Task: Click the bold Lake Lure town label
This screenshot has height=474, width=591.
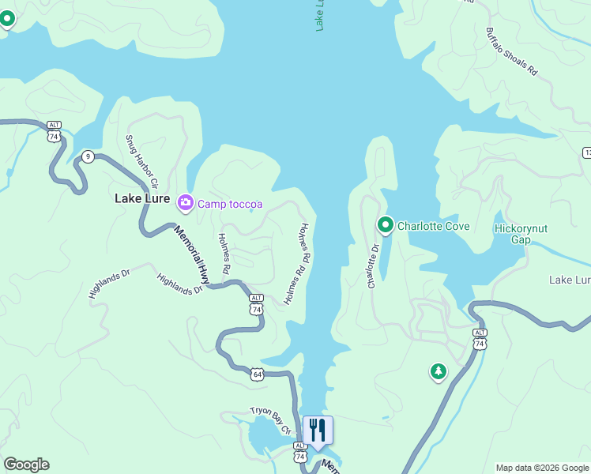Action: pyautogui.click(x=142, y=198)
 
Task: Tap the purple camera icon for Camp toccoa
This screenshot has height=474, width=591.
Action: pyautogui.click(x=186, y=204)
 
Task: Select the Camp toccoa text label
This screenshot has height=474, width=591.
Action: pyautogui.click(x=230, y=204)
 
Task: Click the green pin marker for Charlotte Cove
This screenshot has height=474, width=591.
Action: pyautogui.click(x=385, y=225)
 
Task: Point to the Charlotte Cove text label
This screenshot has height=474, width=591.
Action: pyautogui.click(x=433, y=226)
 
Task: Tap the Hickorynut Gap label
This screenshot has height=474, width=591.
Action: pyautogui.click(x=520, y=234)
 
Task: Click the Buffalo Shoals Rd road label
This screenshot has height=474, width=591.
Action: pyautogui.click(x=511, y=54)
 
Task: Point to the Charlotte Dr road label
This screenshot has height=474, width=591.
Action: pyautogui.click(x=373, y=265)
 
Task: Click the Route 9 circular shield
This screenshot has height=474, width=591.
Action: pyautogui.click(x=88, y=156)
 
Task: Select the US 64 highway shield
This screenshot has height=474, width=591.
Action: pyautogui.click(x=258, y=373)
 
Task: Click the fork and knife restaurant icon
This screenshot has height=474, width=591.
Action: pyautogui.click(x=318, y=431)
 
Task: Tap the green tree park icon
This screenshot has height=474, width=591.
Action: pyautogui.click(x=438, y=371)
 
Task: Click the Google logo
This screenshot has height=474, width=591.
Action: pyautogui.click(x=26, y=465)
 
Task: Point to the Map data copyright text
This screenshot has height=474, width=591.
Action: pyautogui.click(x=541, y=468)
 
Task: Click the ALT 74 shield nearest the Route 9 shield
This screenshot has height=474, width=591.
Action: pyautogui.click(x=54, y=131)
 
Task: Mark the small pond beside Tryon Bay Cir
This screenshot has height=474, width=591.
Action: pyautogui.click(x=264, y=435)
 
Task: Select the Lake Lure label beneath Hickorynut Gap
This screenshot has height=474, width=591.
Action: pyautogui.click(x=570, y=280)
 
